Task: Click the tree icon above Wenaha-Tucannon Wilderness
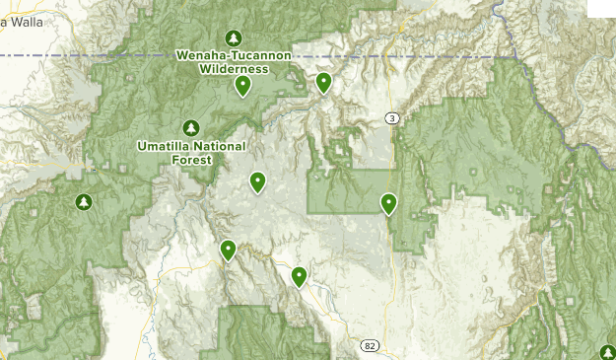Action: pos(234,37)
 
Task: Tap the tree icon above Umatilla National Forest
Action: pos(191,127)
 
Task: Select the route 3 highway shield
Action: pos(392,118)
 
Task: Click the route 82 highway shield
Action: pos(370,345)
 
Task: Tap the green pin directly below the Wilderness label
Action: pos(242,86)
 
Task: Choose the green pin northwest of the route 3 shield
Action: pos(323,83)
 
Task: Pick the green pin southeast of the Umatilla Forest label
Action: pos(257,181)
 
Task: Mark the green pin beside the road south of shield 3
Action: pos(388,203)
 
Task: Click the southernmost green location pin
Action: pos(299,276)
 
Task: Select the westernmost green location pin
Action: pos(228,251)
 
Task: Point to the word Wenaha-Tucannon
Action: pos(234,55)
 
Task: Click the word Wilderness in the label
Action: pos(234,69)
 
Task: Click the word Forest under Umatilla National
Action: pos(191,159)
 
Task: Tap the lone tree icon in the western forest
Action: pos(84,202)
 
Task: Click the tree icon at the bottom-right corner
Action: pos(607,352)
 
